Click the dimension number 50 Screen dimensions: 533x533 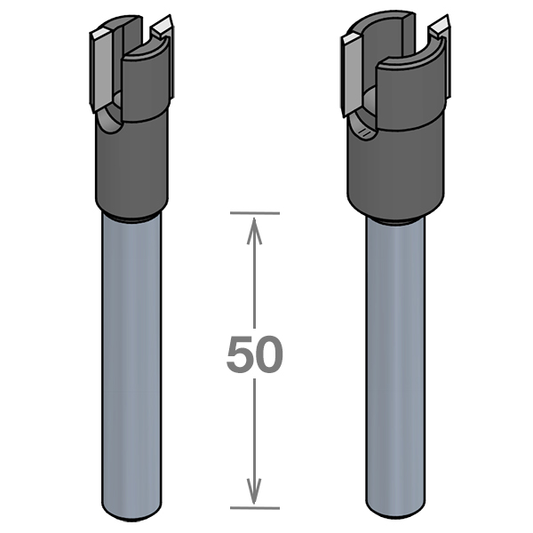tap(255, 354)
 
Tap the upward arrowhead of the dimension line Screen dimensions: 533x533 tap(254, 231)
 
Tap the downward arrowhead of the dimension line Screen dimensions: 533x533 tap(254, 491)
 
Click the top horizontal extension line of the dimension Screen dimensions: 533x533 tap(255, 213)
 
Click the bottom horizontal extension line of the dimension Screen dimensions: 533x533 tap(255, 508)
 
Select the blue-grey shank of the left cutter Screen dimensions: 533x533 tap(131, 367)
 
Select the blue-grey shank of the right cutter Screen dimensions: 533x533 tap(395, 370)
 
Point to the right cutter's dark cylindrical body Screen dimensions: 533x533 tap(396, 170)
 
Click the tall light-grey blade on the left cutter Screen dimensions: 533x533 tap(101, 71)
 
